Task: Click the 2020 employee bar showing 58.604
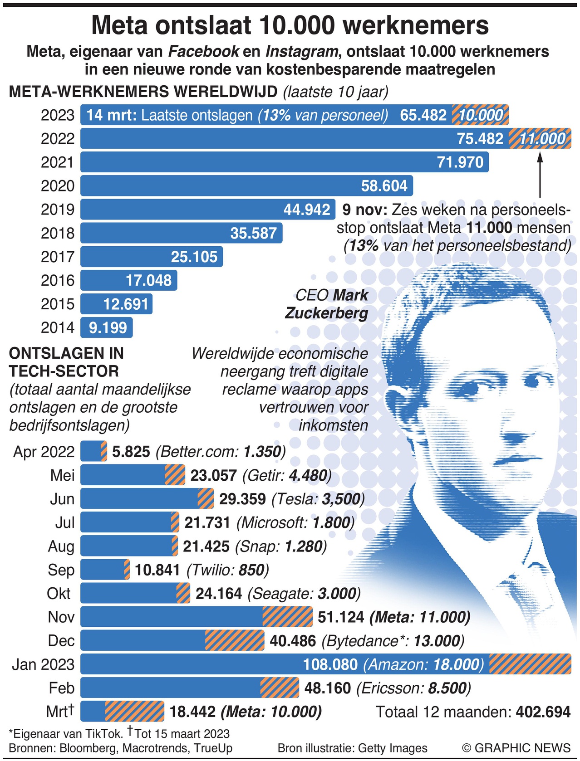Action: tap(246, 186)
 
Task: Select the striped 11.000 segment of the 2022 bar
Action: tap(540, 139)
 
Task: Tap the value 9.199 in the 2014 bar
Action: tap(108, 327)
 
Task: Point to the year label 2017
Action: tap(57, 257)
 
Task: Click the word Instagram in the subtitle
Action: tap(302, 52)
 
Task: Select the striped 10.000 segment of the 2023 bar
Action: tap(481, 115)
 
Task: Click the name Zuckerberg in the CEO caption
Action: tap(326, 313)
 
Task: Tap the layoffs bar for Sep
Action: tap(105, 570)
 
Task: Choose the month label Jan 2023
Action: tap(43, 664)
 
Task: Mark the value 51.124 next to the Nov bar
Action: tap(341, 617)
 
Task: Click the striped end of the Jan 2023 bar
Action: tap(530, 664)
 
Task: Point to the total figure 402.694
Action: tap(543, 712)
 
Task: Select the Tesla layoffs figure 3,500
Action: tap(341, 499)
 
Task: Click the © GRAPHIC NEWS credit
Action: tap(516, 748)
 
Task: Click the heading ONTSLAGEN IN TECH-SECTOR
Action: tap(66, 362)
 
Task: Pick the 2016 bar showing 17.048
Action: tap(128, 280)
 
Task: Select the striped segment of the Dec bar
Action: tap(235, 641)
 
